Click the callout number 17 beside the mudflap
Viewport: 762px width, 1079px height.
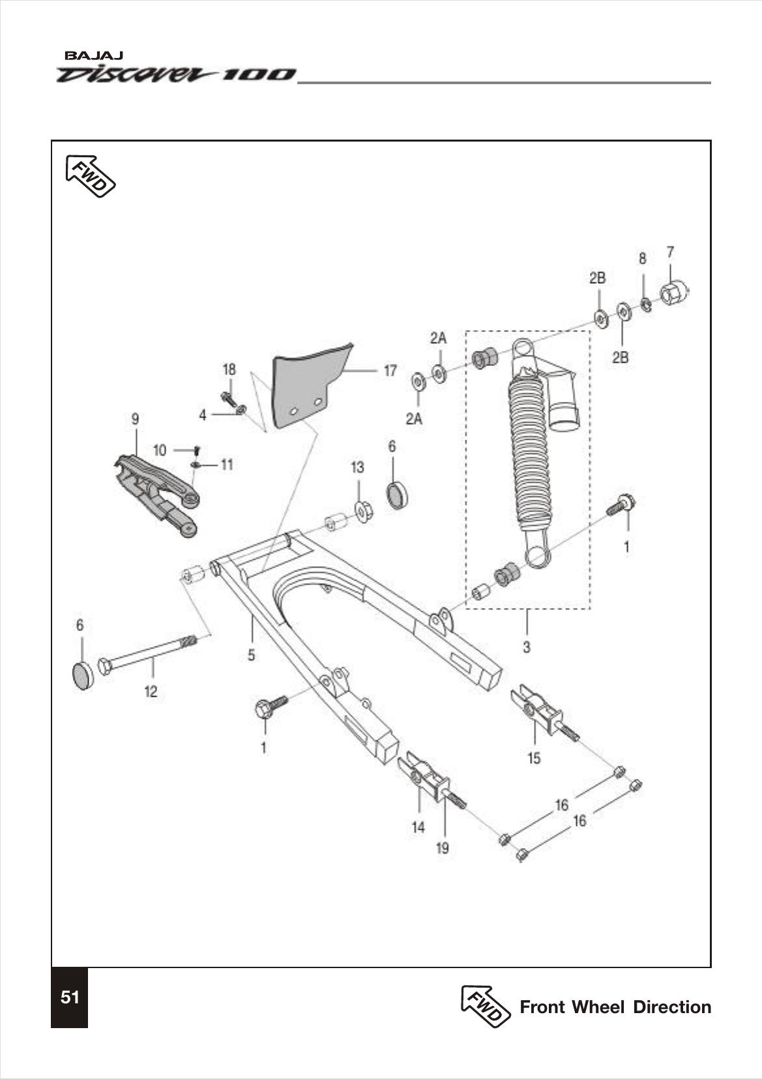[x=390, y=371]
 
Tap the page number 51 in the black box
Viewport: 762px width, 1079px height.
[x=70, y=997]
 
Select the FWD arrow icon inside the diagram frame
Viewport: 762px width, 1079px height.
[x=91, y=176]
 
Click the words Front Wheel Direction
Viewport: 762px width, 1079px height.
[x=615, y=1007]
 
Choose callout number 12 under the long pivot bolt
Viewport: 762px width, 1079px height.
[x=151, y=691]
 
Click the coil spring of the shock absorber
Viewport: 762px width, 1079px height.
[x=531, y=450]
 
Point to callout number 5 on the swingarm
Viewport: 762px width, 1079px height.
[x=252, y=654]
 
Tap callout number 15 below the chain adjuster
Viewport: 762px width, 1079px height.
[x=534, y=758]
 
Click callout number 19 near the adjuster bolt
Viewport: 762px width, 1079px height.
[x=443, y=848]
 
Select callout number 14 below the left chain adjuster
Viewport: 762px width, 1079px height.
[x=418, y=827]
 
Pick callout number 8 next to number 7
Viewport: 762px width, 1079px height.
[x=642, y=259]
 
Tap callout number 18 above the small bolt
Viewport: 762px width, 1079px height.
[x=229, y=370]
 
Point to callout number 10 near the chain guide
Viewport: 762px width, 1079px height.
[x=160, y=450]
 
